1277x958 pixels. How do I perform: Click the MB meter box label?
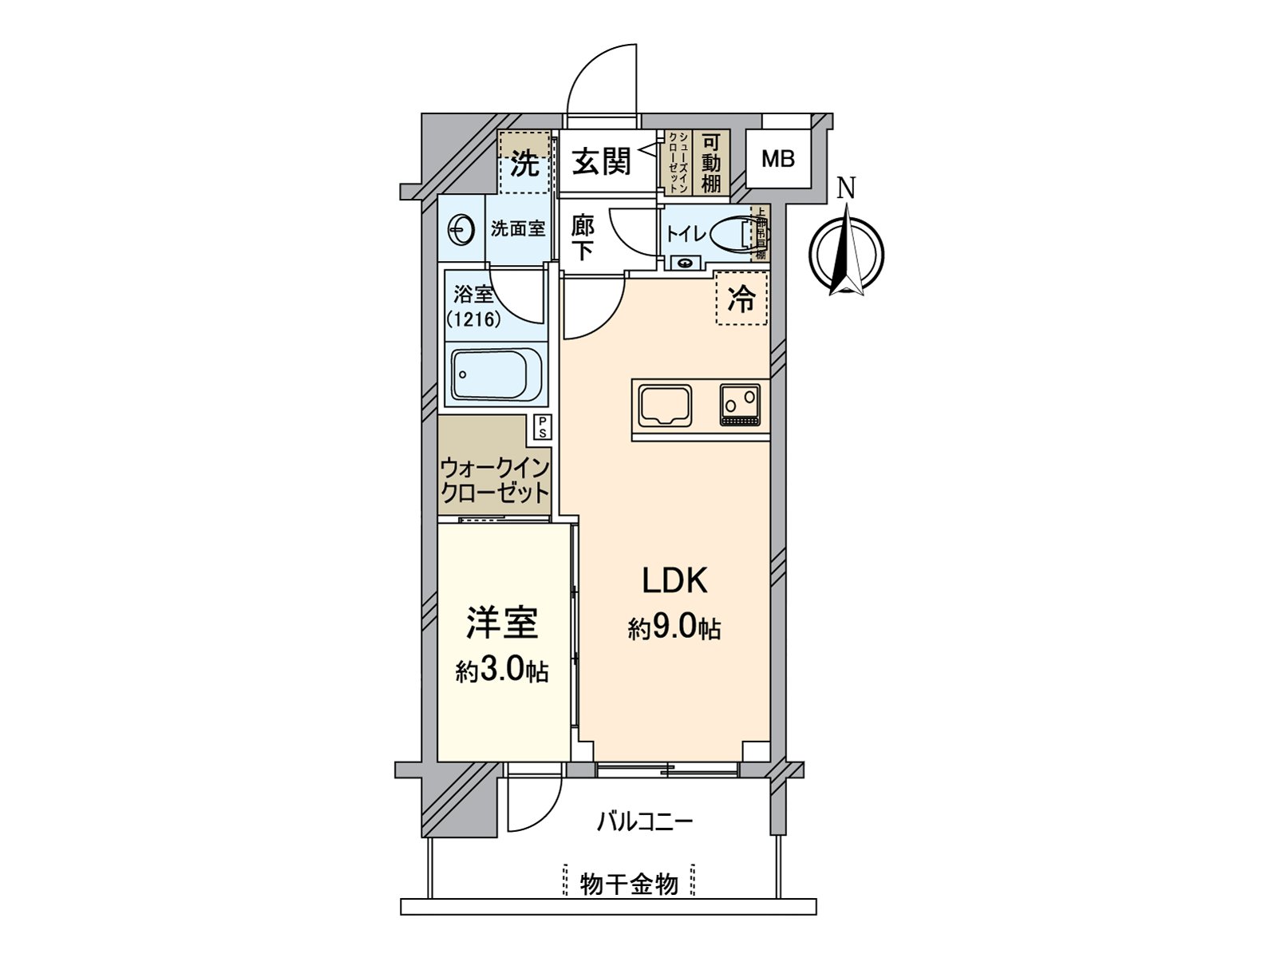(777, 159)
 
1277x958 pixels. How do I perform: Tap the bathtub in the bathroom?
(496, 375)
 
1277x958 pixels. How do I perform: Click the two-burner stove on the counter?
(741, 404)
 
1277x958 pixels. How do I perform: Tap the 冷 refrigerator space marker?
(741, 299)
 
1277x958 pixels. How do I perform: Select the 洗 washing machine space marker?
(524, 164)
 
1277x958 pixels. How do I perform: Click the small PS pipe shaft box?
(542, 427)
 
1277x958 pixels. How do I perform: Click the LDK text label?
(675, 581)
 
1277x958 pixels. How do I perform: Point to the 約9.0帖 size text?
(674, 629)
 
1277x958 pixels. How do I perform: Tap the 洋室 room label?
(502, 623)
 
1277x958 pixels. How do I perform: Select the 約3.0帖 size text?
(502, 671)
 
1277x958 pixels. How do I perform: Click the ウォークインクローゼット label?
(495, 479)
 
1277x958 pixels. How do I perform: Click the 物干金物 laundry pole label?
(629, 884)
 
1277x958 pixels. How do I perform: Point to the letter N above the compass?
(846, 190)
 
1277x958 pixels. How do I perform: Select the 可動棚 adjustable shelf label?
(711, 163)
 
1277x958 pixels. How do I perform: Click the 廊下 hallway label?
(583, 238)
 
